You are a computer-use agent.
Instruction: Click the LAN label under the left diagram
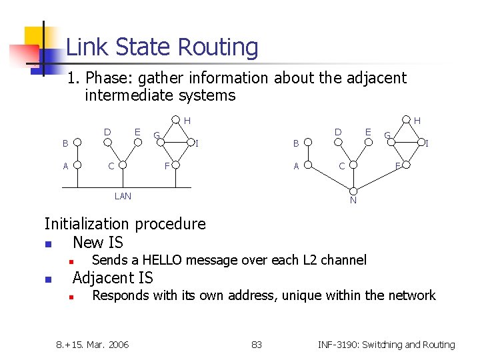123,196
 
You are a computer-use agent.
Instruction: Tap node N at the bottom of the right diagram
353,201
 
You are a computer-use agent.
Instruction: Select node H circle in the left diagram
175,121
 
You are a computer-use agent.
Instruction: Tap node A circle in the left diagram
78,165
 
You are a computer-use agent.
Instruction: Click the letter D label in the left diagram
107,132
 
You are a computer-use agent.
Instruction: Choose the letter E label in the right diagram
367,132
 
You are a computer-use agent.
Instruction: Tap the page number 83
257,345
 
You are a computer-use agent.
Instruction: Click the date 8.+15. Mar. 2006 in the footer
93,345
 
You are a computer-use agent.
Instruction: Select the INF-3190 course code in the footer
339,345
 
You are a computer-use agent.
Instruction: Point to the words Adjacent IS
113,278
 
